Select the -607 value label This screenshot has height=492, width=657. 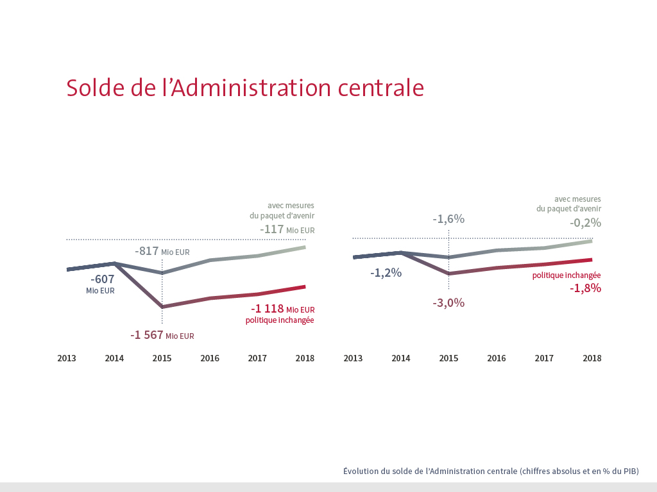coord(102,279)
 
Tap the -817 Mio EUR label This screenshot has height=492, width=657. coord(162,252)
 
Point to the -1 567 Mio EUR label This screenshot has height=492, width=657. coord(162,335)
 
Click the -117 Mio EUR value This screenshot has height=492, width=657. coord(287,229)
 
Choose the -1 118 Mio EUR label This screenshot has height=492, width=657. coord(282,309)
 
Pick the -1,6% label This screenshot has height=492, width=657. coord(448,219)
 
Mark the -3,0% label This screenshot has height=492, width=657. coord(448,303)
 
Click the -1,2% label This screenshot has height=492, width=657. coord(386,273)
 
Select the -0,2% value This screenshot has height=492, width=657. coord(585,223)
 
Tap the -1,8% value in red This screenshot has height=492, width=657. coord(585,288)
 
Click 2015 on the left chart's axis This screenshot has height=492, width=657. coord(162,358)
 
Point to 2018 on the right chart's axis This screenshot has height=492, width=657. coord(592,358)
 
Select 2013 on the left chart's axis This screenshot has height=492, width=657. coord(67,358)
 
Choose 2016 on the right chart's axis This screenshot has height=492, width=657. coord(496,358)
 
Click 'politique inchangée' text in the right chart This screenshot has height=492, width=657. coord(567,275)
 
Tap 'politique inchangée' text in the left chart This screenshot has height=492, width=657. coord(280,320)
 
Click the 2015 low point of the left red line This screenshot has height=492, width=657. coord(162,307)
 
